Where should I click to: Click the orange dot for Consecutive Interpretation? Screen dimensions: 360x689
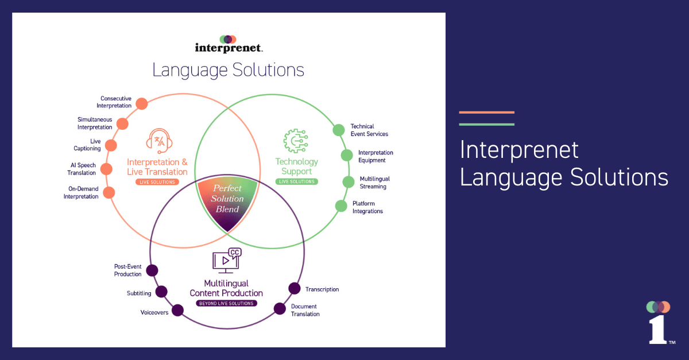[x=141, y=104]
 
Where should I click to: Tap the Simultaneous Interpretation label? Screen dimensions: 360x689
[x=95, y=123]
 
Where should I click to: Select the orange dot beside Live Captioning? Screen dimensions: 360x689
[x=113, y=145]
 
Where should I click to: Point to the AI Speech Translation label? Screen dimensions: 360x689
[x=82, y=169]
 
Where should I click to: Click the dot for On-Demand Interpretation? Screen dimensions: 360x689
[x=109, y=192]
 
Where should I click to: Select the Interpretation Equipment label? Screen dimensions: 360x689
[x=376, y=156]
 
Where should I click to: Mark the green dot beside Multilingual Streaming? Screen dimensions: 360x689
[x=349, y=182]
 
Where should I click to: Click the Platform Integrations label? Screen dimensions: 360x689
[x=367, y=207]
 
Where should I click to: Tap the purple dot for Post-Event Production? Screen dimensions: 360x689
[x=152, y=270]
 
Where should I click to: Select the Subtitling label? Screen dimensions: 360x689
[x=139, y=293]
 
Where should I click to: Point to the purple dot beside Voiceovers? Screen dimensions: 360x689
[x=178, y=311]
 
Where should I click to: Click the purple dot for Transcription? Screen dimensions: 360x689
[x=294, y=288]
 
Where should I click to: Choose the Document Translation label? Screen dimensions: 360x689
[x=305, y=310]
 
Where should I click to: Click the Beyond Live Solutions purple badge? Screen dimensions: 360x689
[x=226, y=303]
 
